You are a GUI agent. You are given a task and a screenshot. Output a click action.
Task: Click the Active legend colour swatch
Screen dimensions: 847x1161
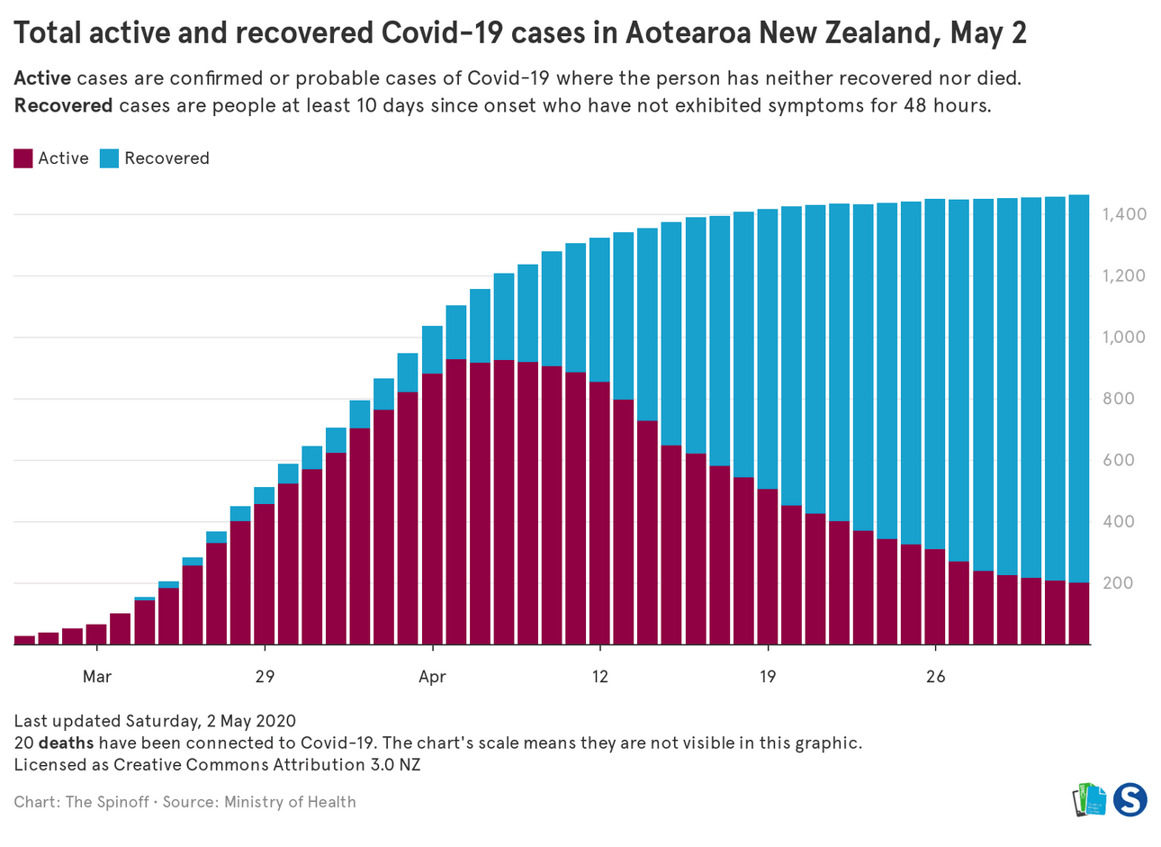point(23,158)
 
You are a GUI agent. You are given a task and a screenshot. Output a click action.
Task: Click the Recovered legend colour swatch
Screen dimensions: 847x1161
point(110,158)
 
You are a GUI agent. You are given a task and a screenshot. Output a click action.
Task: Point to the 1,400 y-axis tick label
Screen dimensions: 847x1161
point(1124,214)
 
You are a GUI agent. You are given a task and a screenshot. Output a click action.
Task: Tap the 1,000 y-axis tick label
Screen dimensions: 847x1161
point(1124,338)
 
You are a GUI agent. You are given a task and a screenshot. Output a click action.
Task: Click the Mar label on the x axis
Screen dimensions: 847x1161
point(97,676)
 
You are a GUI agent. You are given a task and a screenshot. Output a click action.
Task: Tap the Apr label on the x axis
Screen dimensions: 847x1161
point(432,676)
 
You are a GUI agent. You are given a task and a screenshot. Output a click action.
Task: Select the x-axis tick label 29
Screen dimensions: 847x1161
point(265,676)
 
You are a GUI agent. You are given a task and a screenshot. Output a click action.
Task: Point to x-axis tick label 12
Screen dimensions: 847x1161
point(599,676)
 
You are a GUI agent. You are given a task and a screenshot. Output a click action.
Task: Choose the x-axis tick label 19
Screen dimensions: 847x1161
point(768,676)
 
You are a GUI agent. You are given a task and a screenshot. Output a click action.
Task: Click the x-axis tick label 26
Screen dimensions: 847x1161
point(936,676)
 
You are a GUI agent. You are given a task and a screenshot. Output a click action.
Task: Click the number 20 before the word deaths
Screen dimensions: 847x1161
point(23,743)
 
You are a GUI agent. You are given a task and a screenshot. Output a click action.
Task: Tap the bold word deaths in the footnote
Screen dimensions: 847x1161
point(66,743)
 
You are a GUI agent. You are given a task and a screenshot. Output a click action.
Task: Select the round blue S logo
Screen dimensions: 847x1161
point(1129,798)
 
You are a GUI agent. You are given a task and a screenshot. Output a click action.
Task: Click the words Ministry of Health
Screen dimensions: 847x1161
point(290,802)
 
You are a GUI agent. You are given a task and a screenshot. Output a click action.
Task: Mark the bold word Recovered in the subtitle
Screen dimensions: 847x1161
point(63,105)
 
